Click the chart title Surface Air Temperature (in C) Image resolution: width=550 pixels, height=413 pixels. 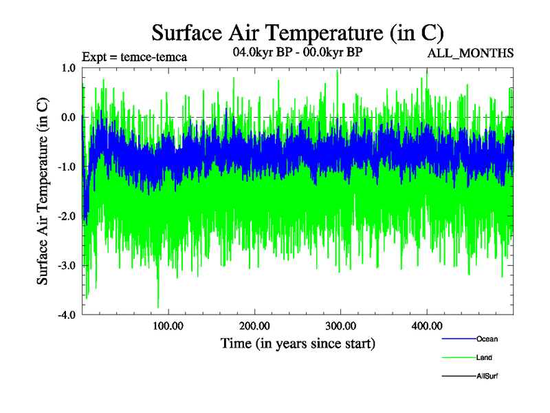tap(298, 32)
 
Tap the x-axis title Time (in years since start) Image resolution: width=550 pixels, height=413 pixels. tap(298, 343)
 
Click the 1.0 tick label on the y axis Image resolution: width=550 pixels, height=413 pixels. tap(67, 67)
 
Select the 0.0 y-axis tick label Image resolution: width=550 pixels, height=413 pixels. tap(67, 117)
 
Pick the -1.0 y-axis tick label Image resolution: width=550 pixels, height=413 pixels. tap(66, 167)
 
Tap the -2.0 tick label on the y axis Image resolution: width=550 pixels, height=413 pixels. tap(66, 216)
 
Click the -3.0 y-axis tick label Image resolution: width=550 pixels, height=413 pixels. tap(66, 266)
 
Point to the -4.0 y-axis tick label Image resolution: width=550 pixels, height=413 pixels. tap(66, 315)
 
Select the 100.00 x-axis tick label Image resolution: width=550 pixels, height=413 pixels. tap(168, 326)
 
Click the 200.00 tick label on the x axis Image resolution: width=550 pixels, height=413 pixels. tap(254, 326)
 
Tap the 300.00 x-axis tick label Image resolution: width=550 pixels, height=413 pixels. tap(340, 326)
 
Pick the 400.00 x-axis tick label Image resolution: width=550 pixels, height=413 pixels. tap(426, 326)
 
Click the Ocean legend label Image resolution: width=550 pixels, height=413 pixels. tap(487, 339)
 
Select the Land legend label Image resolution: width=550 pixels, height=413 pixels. tap(484, 358)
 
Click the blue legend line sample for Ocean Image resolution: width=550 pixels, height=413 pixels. tap(458, 339)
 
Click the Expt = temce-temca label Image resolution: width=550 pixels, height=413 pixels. tap(134, 56)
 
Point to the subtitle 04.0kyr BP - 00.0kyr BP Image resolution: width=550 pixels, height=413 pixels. tap(298, 52)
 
